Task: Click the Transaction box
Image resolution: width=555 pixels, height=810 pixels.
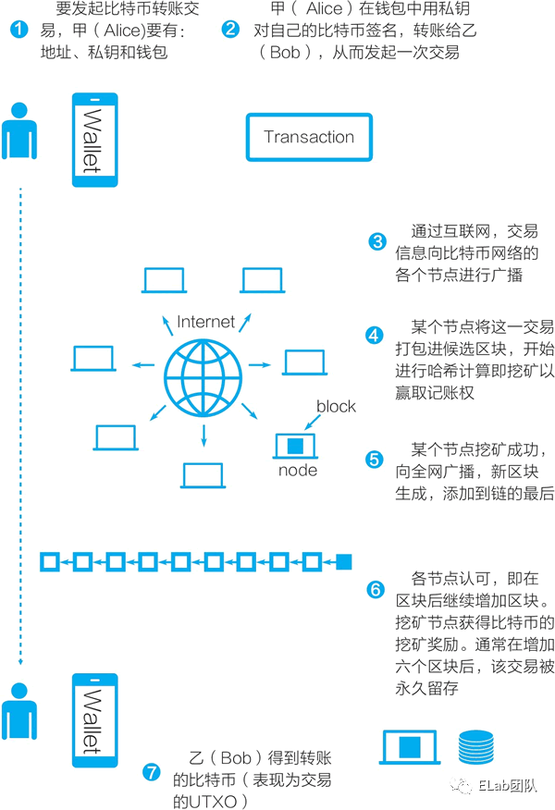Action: pos(308,137)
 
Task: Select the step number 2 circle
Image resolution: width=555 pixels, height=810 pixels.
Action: pos(230,30)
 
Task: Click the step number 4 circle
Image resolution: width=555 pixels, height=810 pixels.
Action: pos(375,336)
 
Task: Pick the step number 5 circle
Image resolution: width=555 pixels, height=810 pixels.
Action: pos(375,459)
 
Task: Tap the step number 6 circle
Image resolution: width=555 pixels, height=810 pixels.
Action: pos(375,589)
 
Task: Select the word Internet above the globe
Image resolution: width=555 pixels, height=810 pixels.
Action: pos(206,322)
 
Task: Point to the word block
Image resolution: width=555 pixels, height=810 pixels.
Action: pos(336,407)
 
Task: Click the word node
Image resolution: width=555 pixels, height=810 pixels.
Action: pos(298,471)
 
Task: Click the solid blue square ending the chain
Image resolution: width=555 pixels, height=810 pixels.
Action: pos(344,561)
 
